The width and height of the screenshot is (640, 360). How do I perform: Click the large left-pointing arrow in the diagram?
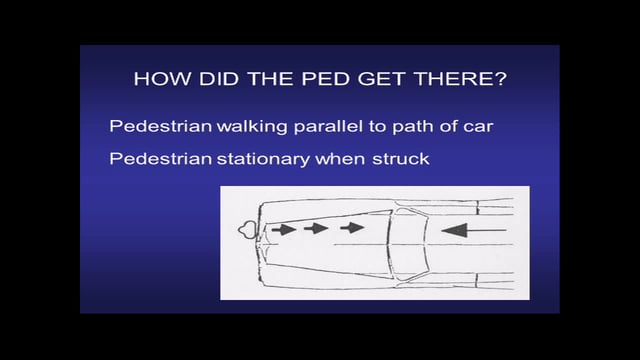pyautogui.click(x=467, y=231)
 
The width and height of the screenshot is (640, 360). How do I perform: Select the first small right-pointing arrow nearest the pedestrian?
pyautogui.click(x=284, y=229)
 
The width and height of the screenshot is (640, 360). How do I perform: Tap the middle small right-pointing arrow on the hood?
pyautogui.click(x=317, y=229)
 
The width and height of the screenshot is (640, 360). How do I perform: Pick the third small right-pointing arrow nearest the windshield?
pyautogui.click(x=350, y=229)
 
